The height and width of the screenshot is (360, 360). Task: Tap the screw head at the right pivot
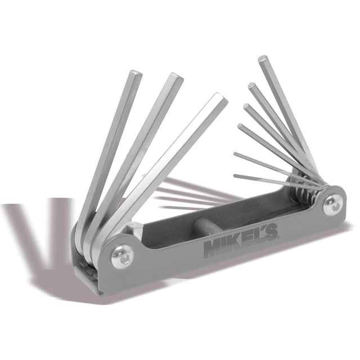(333, 205)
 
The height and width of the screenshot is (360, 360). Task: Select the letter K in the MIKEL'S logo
(237, 243)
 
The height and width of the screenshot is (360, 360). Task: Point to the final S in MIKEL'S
(271, 232)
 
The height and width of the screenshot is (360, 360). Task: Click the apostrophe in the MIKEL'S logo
(263, 229)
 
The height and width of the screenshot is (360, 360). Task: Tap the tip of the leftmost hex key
(136, 73)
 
